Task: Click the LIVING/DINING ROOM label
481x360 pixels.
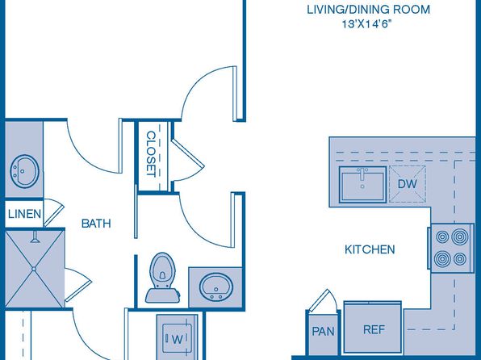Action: (x=369, y=10)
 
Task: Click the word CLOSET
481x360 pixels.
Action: (x=151, y=153)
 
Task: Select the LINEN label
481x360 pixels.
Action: (x=24, y=214)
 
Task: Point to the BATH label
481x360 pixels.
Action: (x=96, y=224)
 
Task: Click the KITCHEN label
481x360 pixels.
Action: (x=370, y=249)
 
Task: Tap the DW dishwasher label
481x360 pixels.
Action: (x=408, y=184)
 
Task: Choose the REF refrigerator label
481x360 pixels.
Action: (x=374, y=329)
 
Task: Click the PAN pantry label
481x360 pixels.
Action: (x=324, y=331)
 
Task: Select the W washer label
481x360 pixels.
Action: (x=178, y=340)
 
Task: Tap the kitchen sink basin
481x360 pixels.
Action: (x=362, y=185)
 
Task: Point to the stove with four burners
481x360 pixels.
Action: (x=450, y=248)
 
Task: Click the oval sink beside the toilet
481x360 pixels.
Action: (x=216, y=287)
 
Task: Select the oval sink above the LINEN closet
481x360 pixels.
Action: (x=24, y=171)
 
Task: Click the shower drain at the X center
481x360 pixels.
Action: (x=34, y=269)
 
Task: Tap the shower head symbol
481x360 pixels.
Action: (x=36, y=237)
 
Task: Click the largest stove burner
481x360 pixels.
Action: (x=460, y=237)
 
